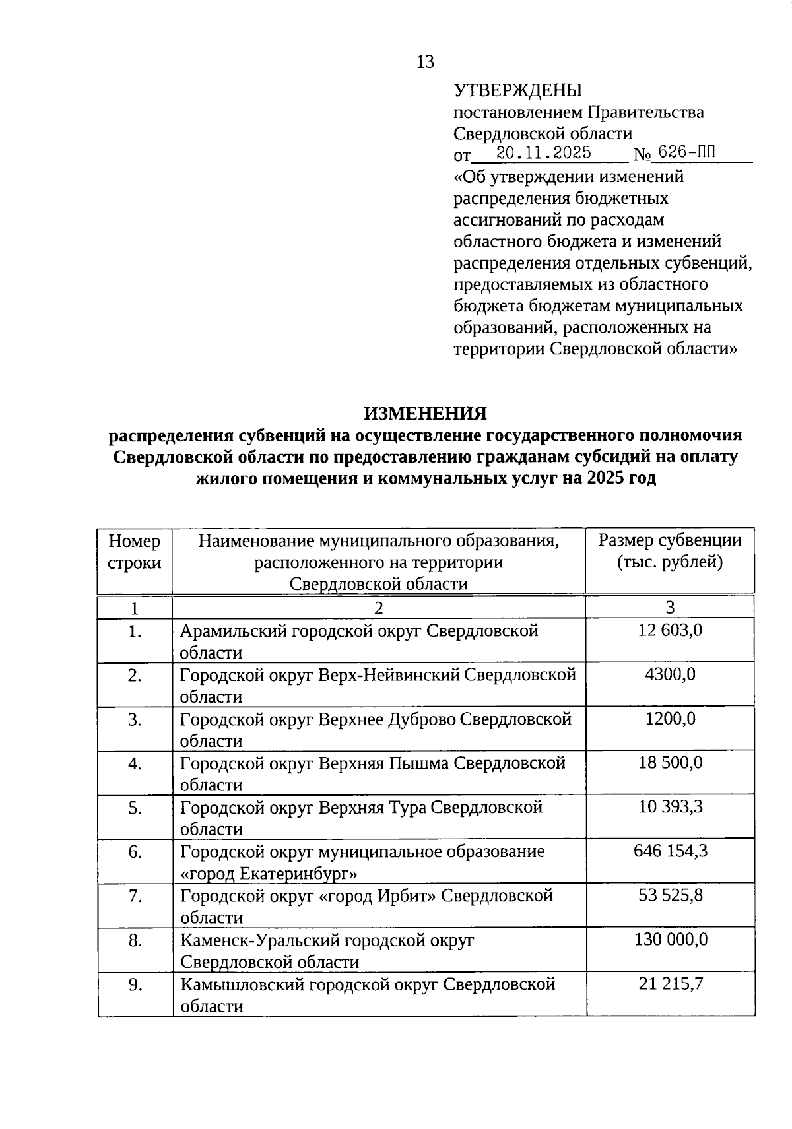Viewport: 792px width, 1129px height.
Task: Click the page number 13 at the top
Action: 426,62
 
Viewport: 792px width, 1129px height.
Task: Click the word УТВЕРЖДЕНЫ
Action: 517,90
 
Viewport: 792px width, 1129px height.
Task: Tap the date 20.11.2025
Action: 544,154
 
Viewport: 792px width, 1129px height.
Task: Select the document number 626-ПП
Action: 686,153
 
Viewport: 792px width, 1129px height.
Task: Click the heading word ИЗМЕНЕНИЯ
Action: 426,414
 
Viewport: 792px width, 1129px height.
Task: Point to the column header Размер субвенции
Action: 670,541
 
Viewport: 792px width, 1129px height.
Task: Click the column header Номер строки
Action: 135,552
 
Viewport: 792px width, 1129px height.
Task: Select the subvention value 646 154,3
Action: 670,851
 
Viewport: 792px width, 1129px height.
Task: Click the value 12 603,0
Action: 670,630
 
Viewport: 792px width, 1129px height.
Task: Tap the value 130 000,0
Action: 670,940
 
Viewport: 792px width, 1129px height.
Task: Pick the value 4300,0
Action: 670,674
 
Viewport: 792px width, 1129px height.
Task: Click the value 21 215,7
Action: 670,984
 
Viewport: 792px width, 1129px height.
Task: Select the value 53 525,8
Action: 670,895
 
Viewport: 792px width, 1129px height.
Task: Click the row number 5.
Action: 135,808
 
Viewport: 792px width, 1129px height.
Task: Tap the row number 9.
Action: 135,984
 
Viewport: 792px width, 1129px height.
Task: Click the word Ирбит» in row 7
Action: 407,896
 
